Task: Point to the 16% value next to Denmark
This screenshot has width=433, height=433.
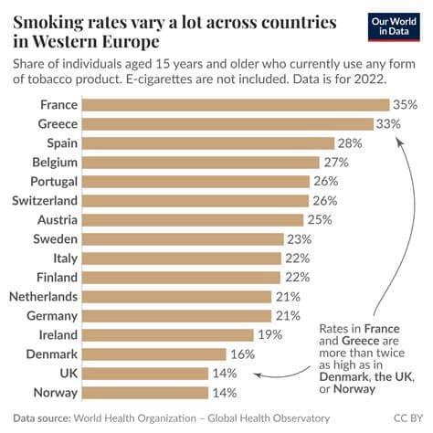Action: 242,354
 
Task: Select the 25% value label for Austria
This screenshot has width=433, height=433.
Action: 319,219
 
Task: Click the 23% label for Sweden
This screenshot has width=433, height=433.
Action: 298,238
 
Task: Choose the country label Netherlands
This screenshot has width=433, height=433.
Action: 43,296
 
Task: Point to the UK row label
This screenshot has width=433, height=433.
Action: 68,373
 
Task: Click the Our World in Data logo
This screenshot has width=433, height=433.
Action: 394,26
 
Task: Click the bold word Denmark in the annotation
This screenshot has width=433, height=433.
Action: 343,377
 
